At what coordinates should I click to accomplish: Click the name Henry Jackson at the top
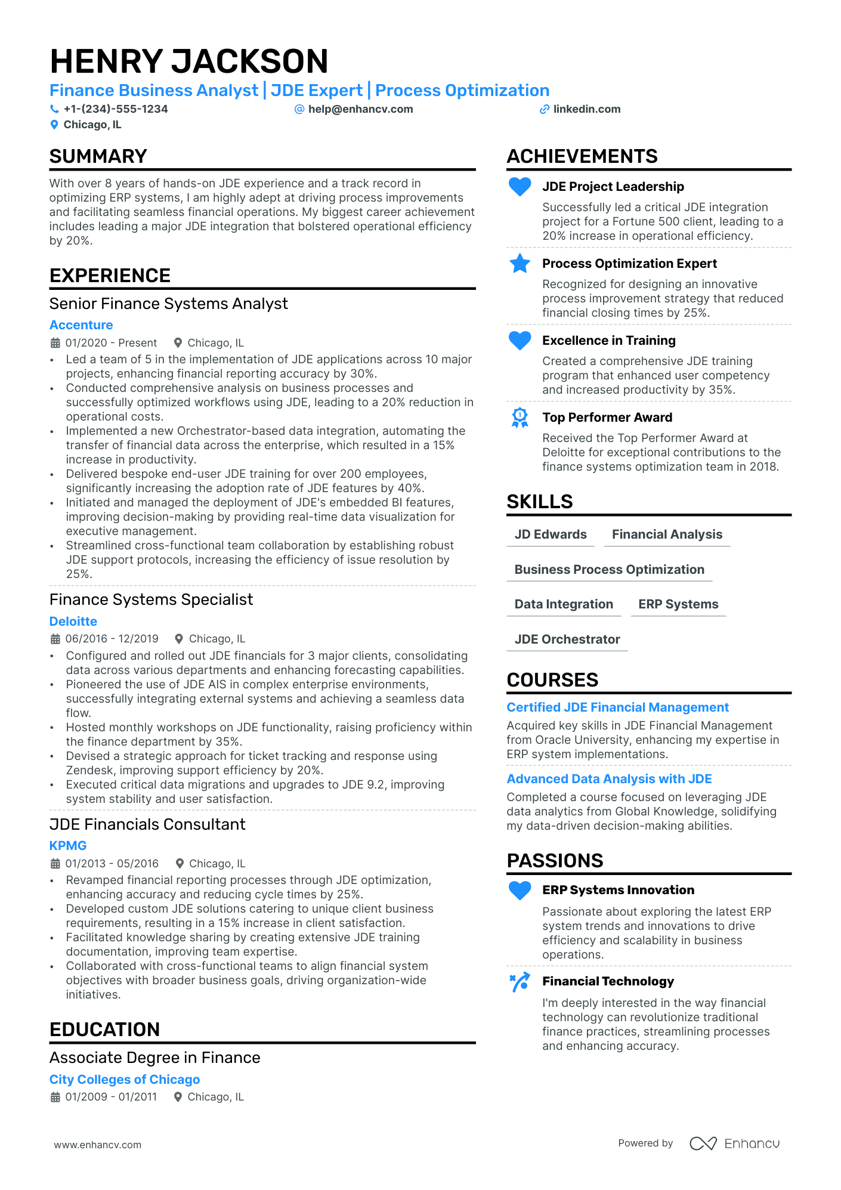(x=189, y=61)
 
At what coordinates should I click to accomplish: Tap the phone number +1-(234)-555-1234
(x=116, y=109)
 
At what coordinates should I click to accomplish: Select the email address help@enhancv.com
(x=360, y=109)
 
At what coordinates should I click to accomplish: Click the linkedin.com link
(x=586, y=109)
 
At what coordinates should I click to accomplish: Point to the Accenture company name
(x=81, y=325)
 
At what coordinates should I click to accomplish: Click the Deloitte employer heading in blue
(x=73, y=622)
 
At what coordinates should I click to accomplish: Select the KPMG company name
(x=68, y=846)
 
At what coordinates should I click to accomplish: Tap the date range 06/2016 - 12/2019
(x=112, y=639)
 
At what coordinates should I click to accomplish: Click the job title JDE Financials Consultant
(x=147, y=824)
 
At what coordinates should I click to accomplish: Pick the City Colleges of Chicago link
(x=125, y=1080)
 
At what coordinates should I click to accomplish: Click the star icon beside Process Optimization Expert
(x=520, y=264)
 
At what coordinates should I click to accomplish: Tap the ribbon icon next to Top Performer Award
(x=520, y=418)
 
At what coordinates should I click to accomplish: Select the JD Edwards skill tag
(x=551, y=534)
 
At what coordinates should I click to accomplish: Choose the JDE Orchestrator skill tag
(x=567, y=639)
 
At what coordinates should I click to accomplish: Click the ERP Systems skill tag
(x=678, y=604)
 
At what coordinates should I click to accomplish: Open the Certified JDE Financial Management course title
(x=617, y=707)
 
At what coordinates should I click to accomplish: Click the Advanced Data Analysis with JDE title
(x=609, y=779)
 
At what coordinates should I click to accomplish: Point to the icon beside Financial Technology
(x=520, y=982)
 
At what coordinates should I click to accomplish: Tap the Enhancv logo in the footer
(x=734, y=1143)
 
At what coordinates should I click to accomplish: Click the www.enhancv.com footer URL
(x=98, y=1145)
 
